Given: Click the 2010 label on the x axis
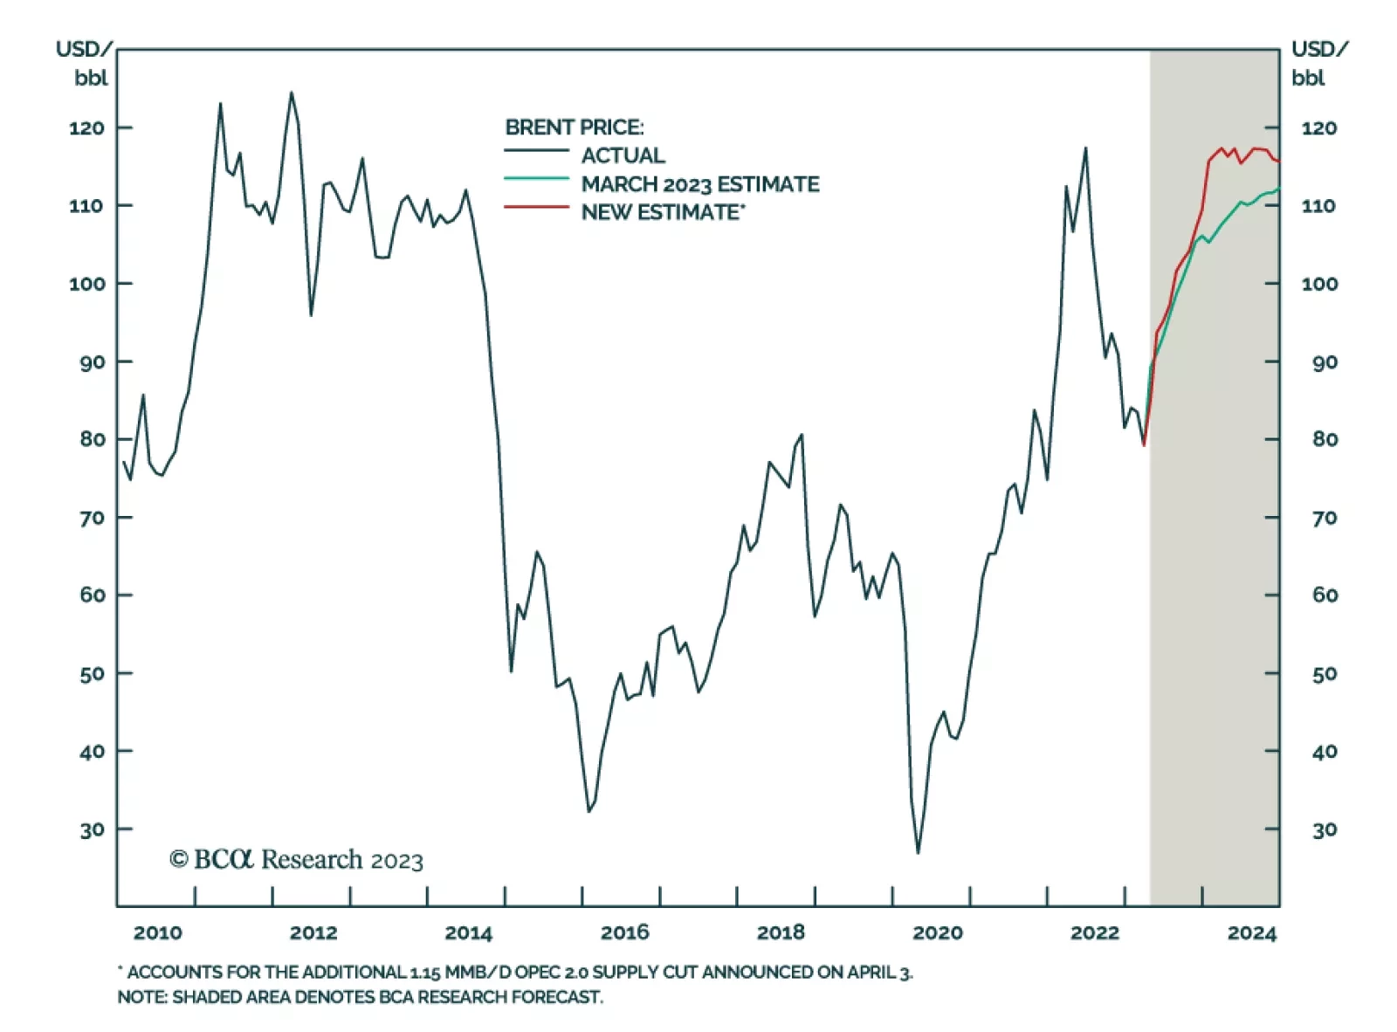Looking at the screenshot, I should pyautogui.click(x=158, y=932).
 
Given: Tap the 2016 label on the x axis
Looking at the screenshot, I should pyautogui.click(x=625, y=932).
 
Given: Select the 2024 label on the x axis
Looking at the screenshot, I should pyautogui.click(x=1251, y=933).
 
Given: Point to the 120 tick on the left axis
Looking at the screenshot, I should pyautogui.click(x=86, y=128).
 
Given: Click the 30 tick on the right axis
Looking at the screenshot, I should pyautogui.click(x=1325, y=829).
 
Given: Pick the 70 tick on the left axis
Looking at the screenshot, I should pyautogui.click(x=92, y=518).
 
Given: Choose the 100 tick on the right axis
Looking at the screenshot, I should pyautogui.click(x=1319, y=284).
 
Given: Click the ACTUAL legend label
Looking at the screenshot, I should pyautogui.click(x=623, y=155).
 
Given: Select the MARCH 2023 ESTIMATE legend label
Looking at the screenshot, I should pyautogui.click(x=700, y=184).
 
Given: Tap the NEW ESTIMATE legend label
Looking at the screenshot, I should pyautogui.click(x=663, y=212).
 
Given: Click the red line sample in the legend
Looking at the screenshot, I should pyautogui.click(x=536, y=208).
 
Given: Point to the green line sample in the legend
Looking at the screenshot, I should pyautogui.click(x=536, y=179).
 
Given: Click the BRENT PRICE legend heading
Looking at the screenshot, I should pyautogui.click(x=574, y=127).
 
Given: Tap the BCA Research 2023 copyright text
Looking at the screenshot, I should pyautogui.click(x=296, y=860).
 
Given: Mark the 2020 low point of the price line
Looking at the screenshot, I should pyautogui.click(x=918, y=852).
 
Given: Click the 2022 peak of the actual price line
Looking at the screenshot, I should pyautogui.click(x=1085, y=148).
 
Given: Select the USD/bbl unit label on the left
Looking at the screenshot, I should pyautogui.click(x=85, y=63).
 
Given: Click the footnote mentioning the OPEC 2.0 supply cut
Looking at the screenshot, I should pyautogui.click(x=515, y=972).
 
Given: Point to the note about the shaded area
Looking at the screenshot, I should pyautogui.click(x=360, y=996).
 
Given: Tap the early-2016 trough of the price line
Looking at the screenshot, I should pyautogui.click(x=589, y=811).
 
